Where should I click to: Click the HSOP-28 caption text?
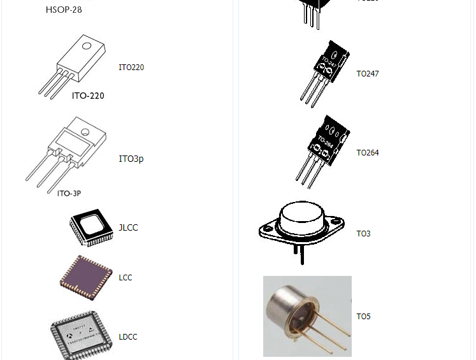click(x=64, y=10)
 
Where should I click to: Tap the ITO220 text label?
click(x=131, y=67)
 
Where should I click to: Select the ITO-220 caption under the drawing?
click(x=88, y=96)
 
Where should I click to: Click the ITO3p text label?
click(x=131, y=159)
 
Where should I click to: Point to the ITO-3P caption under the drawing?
click(x=69, y=193)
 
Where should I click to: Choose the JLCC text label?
click(x=128, y=227)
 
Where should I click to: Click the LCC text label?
click(x=126, y=277)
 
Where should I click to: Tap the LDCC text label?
click(x=128, y=336)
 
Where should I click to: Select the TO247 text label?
click(x=368, y=73)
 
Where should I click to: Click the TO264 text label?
click(x=368, y=152)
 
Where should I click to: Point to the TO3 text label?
click(x=363, y=233)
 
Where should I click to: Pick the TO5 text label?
click(x=363, y=316)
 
